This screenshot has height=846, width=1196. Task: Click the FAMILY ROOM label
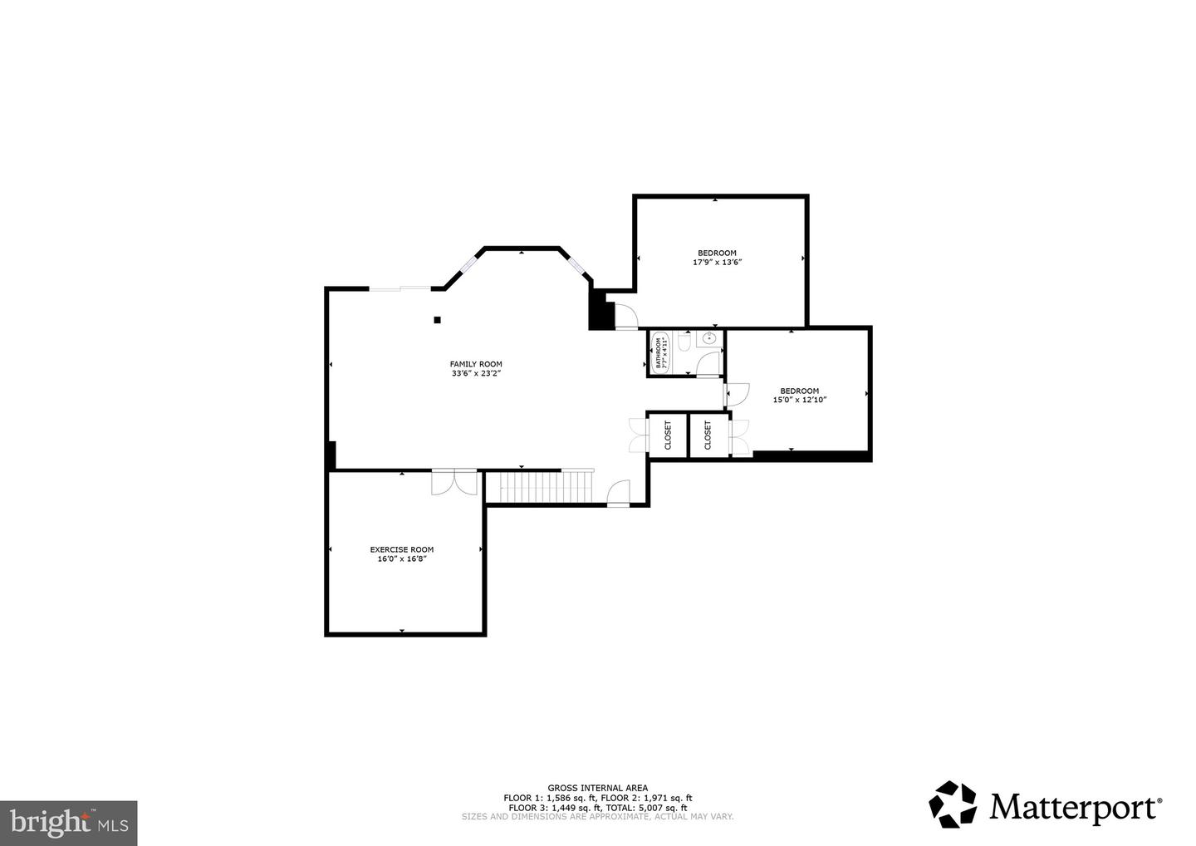click(476, 364)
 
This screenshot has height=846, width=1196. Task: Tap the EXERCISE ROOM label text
click(401, 549)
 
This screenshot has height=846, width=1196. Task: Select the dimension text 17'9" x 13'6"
click(716, 262)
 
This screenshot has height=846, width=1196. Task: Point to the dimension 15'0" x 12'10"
click(799, 400)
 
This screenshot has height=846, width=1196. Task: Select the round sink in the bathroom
click(708, 338)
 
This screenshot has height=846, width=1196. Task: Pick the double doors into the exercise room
click(454, 483)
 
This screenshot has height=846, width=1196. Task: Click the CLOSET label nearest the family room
click(668, 435)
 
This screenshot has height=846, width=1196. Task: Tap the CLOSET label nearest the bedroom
click(708, 435)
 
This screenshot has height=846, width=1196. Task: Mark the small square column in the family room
click(437, 319)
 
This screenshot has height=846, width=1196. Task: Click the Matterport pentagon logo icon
click(953, 804)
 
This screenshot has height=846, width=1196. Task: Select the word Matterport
click(1074, 807)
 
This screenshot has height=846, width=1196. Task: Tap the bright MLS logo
click(68, 823)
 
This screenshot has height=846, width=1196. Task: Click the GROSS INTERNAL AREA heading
click(597, 788)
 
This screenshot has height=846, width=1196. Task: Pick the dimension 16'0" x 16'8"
click(401, 559)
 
